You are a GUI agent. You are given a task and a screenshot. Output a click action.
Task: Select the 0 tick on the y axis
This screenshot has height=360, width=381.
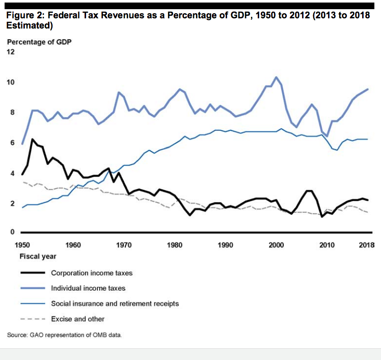[x=10, y=232]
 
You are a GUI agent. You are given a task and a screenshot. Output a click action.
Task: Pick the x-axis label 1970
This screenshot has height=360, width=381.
[x=124, y=245]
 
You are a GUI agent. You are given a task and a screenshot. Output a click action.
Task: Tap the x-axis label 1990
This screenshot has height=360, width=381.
[x=225, y=245]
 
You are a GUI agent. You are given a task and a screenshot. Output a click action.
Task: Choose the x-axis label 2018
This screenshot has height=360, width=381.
[x=366, y=245]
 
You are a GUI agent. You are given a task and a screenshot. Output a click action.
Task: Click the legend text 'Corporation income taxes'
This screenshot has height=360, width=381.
[x=92, y=273]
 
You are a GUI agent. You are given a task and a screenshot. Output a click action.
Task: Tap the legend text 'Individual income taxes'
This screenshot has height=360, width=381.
[x=88, y=288]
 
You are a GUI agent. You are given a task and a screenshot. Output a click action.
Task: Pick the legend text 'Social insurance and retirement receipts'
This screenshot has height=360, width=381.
[x=115, y=303]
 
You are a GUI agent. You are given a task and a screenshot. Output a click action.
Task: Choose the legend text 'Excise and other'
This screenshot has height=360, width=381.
[x=77, y=319]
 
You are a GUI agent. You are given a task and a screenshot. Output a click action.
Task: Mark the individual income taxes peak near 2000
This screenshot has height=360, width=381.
[x=276, y=77]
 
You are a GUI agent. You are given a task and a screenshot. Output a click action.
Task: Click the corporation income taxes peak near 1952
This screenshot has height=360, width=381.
[x=33, y=139]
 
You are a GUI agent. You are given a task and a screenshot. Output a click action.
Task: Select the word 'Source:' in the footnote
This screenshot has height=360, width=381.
[x=18, y=335]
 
